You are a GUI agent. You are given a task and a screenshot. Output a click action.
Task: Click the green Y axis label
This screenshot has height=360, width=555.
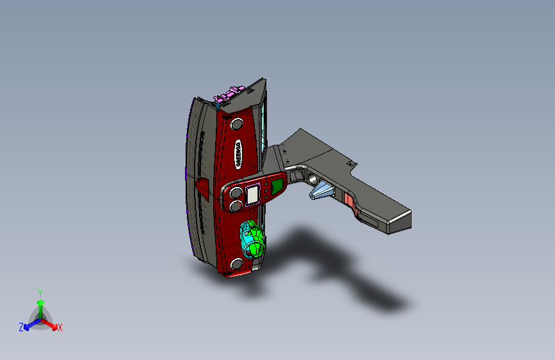[40, 291]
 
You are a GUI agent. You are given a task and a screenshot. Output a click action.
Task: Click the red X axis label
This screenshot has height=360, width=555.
[60, 328]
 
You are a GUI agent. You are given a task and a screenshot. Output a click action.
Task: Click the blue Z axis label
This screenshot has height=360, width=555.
[21, 327]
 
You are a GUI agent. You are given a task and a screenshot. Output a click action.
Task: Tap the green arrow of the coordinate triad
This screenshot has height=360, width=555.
[40, 304]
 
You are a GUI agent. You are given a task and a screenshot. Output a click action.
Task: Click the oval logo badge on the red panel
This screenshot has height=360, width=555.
[237, 154]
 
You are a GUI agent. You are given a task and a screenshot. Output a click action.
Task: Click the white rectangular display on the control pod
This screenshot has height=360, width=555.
[252, 192]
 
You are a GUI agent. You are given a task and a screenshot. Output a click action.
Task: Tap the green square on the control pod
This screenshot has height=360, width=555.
[277, 186]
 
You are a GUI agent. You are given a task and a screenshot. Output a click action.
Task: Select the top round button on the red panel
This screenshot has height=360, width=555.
[237, 123]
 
